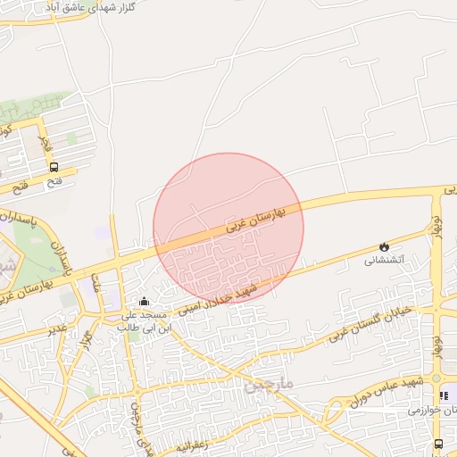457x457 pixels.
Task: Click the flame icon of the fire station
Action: pyautogui.click(x=384, y=246)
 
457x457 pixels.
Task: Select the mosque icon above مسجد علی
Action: pyautogui.click(x=145, y=302)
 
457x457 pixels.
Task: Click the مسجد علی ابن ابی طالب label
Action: pyautogui.click(x=145, y=322)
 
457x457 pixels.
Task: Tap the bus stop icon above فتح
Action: pyautogui.click(x=54, y=167)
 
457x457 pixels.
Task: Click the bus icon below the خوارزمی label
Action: pyautogui.click(x=437, y=444)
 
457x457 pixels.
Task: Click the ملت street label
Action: pyautogui.click(x=96, y=284)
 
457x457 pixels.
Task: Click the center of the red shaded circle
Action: pyautogui.click(x=228, y=228)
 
